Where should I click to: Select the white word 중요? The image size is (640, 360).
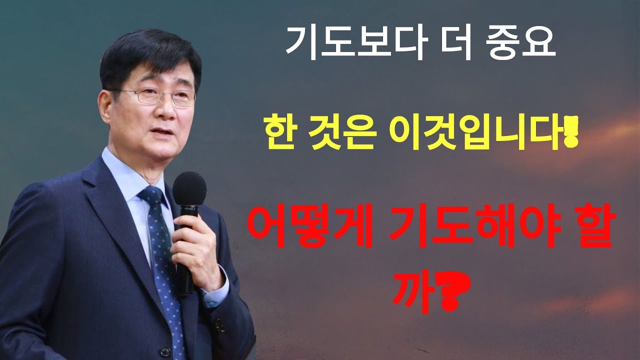point(520,43)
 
